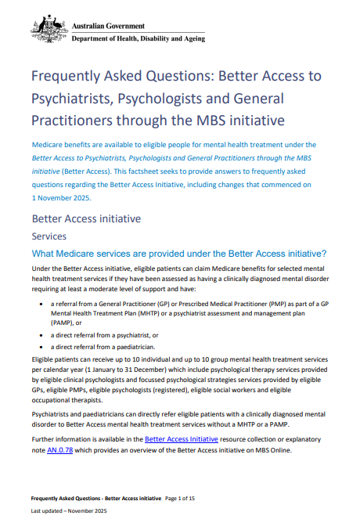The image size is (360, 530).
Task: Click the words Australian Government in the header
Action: click(x=108, y=26)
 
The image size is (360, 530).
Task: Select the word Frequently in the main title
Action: click(x=67, y=78)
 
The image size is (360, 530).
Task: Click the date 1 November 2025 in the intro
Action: click(x=60, y=197)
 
